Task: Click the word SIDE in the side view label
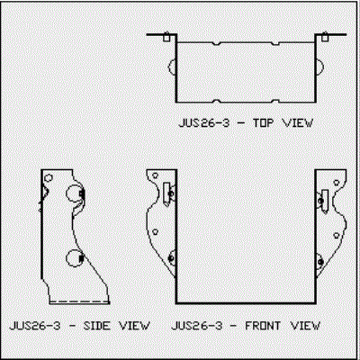(97, 326)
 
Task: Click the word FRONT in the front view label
(263, 326)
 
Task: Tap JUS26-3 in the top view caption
(204, 123)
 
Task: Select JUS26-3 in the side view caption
(35, 326)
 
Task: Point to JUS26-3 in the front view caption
(197, 326)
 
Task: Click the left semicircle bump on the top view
(172, 67)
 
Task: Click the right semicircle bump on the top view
(319, 67)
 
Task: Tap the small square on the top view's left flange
(166, 37)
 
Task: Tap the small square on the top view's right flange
(325, 37)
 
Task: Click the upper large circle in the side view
(74, 193)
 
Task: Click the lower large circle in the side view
(74, 258)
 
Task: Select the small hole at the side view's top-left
(49, 178)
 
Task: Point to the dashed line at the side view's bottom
(79, 301)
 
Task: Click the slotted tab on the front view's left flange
(166, 193)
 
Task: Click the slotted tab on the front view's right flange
(325, 201)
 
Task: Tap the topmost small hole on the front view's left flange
(156, 175)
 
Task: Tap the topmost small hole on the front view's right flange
(337, 183)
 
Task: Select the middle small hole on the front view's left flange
(156, 231)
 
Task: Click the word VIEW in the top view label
(298, 123)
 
